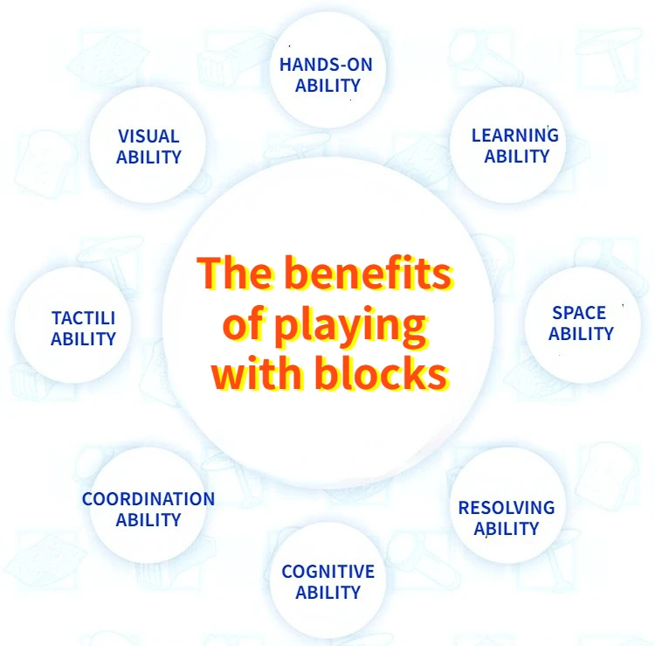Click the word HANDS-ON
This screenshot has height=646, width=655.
pos(326,64)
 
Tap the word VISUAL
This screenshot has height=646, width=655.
pos(148,136)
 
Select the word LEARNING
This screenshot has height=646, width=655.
pos(514,135)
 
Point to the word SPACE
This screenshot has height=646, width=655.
pos(579,312)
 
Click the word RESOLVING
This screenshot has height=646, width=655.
pos(507,507)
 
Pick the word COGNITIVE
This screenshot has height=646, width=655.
pos(327,572)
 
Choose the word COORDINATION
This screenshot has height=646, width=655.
pos(148,499)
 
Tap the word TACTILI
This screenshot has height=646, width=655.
pos(83,318)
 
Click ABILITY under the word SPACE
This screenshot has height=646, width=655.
pos(581,333)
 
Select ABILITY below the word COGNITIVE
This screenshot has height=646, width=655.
pos(327,593)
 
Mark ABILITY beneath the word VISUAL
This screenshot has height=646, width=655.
pos(148,157)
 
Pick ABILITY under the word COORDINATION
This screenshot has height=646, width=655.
pos(148,520)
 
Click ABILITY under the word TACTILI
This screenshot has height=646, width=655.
pos(83,339)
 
